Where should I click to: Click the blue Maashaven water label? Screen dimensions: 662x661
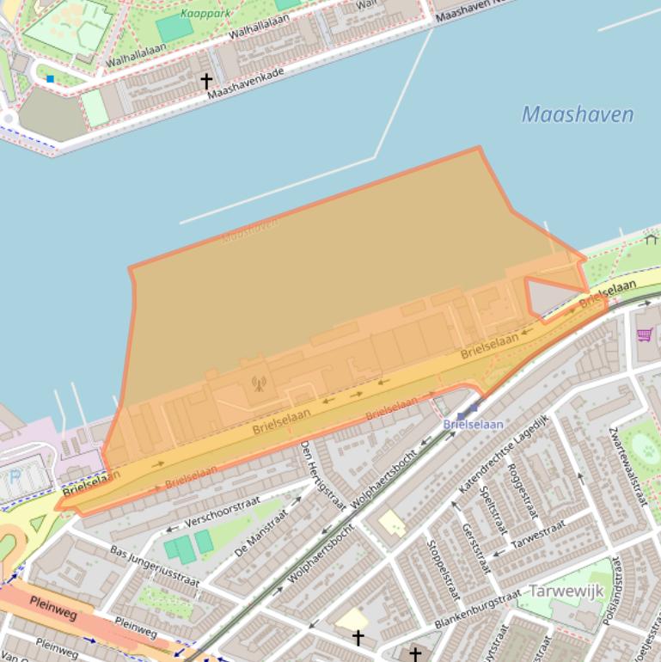pyautogui.click(x=578, y=114)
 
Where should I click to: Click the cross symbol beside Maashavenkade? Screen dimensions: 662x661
pyautogui.click(x=206, y=81)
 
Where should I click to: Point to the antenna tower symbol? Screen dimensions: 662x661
pyautogui.click(x=258, y=383)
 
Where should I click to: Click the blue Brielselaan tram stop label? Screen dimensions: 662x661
pyautogui.click(x=473, y=424)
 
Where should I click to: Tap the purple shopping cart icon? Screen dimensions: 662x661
pyautogui.click(x=644, y=334)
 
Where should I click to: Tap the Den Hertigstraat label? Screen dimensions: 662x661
pyautogui.click(x=321, y=475)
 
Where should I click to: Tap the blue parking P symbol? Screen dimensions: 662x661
pyautogui.click(x=14, y=475)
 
